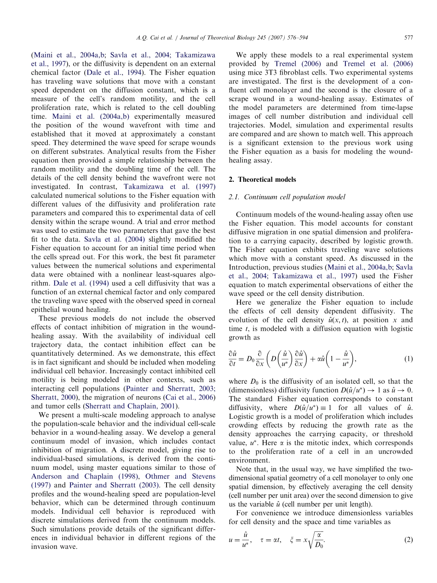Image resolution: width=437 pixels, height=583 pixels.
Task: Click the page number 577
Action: [x=408, y=39]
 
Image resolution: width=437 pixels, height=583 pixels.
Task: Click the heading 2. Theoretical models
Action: [x=262, y=179]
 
